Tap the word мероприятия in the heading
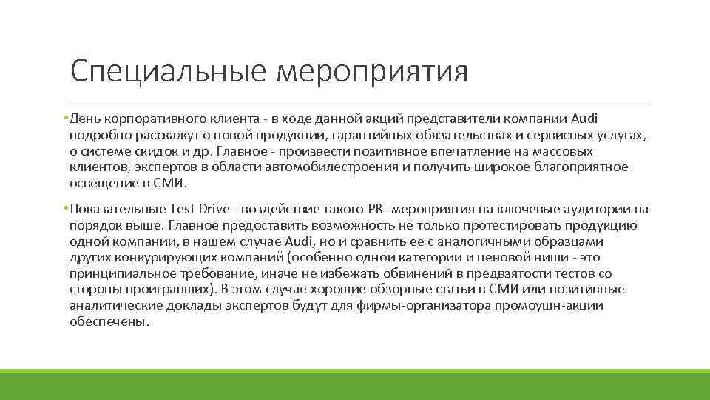pos(373,72)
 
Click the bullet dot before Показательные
pos(66,209)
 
